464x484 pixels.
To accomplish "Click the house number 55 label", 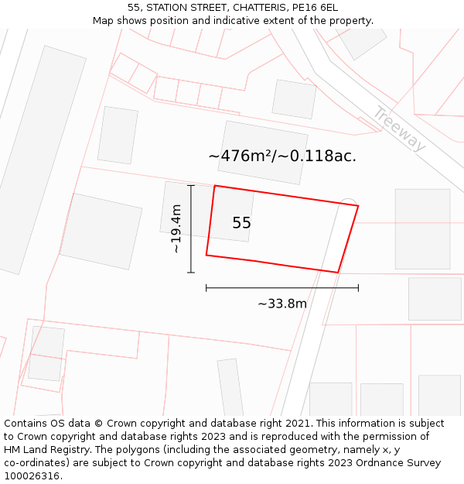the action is tap(241, 223).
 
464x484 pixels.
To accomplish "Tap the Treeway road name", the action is tap(399, 129).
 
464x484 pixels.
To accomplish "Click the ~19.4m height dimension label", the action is tap(176, 228).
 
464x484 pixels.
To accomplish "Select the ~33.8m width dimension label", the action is tap(282, 304).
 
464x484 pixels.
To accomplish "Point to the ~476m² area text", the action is tap(240, 156).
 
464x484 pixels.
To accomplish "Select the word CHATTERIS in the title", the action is tap(244, 8).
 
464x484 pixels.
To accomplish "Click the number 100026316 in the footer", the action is tap(30, 476).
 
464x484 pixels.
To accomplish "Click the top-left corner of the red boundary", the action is tap(214, 186).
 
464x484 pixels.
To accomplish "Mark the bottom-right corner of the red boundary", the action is tap(338, 273).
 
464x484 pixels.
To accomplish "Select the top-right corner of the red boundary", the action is tap(358, 205).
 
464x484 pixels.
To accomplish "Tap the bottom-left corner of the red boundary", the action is tap(206, 255).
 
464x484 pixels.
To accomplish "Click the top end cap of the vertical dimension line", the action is tap(191, 186).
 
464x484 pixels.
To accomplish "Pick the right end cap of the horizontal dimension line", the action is tap(358, 288).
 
